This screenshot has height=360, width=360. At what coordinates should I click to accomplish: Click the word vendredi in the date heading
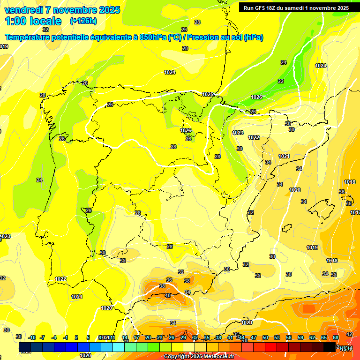click(x=23, y=10)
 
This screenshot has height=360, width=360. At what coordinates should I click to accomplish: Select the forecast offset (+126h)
click(x=83, y=21)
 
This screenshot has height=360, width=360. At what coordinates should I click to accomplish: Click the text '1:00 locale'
click(x=33, y=21)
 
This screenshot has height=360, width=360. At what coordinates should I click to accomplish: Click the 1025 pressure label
click(x=208, y=94)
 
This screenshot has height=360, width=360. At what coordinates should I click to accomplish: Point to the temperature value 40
click(x=168, y=295)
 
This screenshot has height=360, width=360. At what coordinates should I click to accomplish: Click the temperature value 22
click(x=281, y=81)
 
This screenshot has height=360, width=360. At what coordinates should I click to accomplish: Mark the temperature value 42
click(x=349, y=334)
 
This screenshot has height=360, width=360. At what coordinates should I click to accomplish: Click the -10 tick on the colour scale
click(x=32, y=337)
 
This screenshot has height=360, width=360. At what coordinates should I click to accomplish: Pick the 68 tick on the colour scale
click(x=336, y=337)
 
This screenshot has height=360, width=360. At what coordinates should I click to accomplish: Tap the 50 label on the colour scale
click(x=265, y=337)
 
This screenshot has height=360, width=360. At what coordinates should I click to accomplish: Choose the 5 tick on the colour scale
click(x=88, y=337)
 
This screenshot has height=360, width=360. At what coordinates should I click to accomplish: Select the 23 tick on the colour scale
click(x=160, y=337)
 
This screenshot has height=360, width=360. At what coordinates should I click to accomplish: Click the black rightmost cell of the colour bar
click(x=330, y=347)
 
